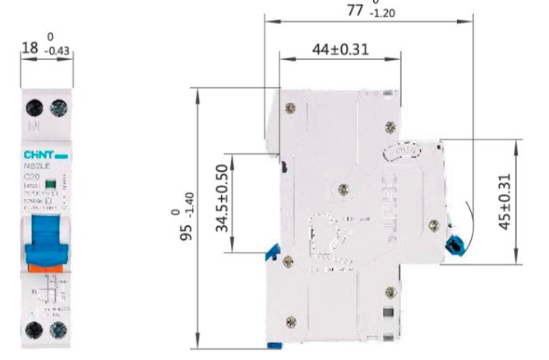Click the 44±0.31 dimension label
(x=339, y=49)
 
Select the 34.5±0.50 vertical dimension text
(x=222, y=202)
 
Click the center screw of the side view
(x=343, y=190)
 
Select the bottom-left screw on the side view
(x=288, y=262)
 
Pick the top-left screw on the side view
(x=288, y=107)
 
